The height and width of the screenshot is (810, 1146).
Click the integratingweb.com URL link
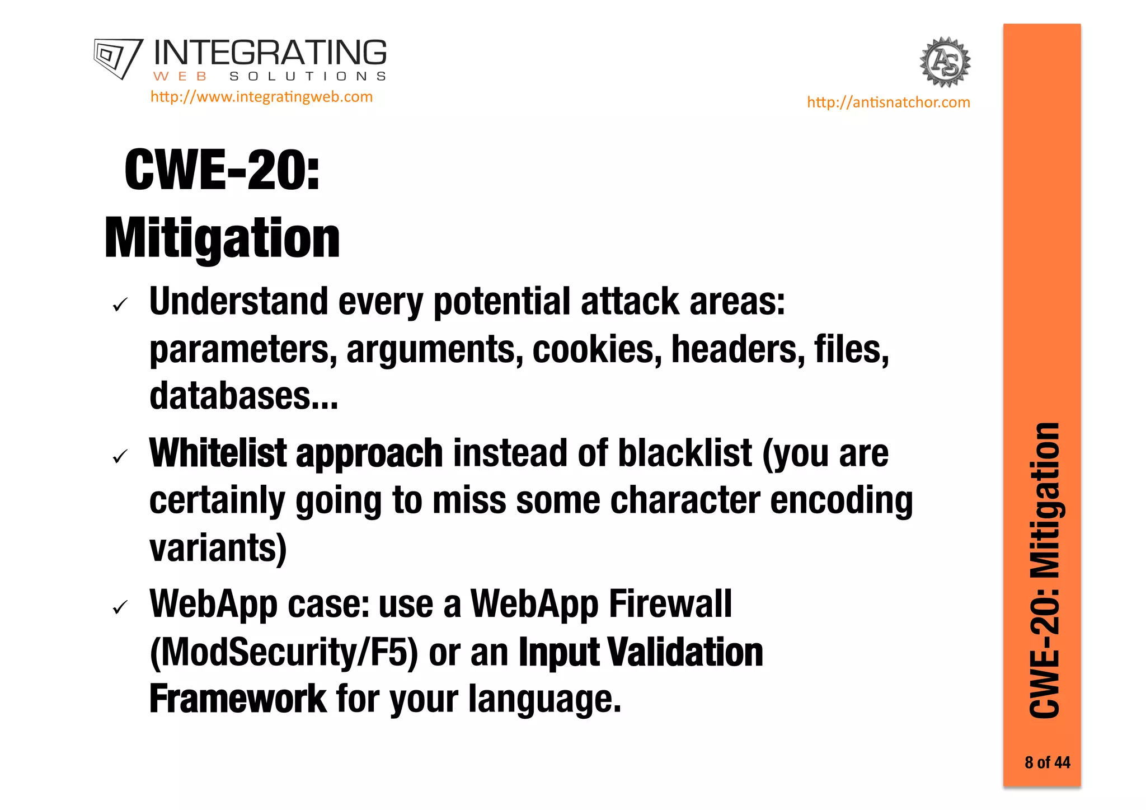261,97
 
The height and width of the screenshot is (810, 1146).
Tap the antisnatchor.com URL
888,102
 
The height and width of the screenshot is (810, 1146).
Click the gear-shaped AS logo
945,62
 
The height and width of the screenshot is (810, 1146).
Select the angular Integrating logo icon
118,58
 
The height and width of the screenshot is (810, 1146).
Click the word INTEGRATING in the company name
270,53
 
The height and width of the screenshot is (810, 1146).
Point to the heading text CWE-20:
222,170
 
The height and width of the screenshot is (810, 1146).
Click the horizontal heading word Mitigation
222,238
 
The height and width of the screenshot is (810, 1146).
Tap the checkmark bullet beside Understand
120,305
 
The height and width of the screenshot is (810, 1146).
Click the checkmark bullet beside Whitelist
120,457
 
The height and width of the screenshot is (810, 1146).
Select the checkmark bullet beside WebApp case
120,607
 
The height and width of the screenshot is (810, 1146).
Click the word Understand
238,302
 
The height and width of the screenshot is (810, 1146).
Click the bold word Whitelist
218,453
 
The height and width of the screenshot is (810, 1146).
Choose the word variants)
218,548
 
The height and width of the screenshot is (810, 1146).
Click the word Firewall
670,604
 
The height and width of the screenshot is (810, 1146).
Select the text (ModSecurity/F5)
284,652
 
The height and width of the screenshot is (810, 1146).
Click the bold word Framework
237,699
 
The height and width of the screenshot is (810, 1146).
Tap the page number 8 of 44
1047,762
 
